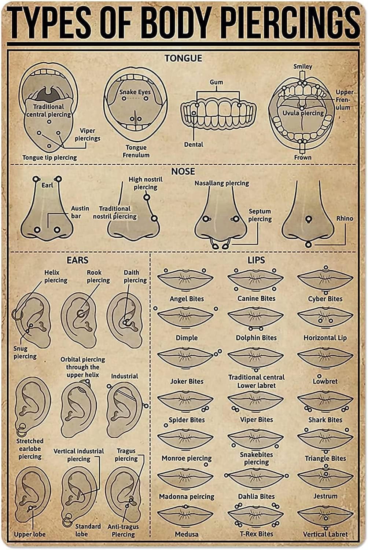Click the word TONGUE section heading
tap(183, 58)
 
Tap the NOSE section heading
tap(183, 171)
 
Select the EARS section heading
tap(77, 260)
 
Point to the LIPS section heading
tap(256, 260)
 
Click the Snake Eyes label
tap(135, 92)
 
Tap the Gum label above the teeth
tap(216, 82)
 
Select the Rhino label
tap(345, 219)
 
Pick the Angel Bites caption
tap(187, 299)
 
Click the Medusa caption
tap(187, 534)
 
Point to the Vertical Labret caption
tap(325, 534)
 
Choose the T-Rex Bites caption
tap(256, 534)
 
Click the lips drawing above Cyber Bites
tap(325, 280)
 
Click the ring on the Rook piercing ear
tap(80, 314)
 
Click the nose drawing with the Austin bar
tap(47, 216)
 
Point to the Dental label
tap(194, 144)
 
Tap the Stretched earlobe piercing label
tap(30, 449)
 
